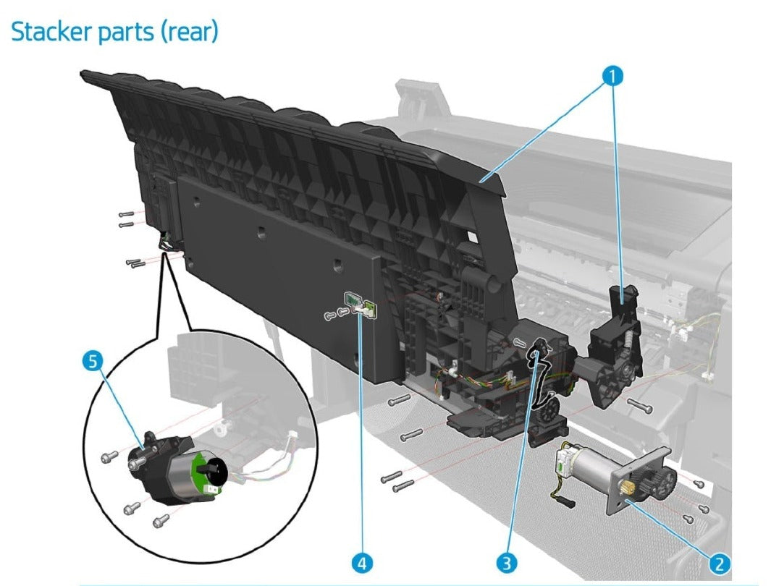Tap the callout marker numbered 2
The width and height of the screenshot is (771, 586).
click(x=720, y=562)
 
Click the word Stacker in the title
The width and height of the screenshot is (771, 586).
click(x=51, y=32)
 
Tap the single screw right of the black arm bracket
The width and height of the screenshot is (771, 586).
click(x=640, y=406)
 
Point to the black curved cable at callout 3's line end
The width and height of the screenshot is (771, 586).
click(x=539, y=376)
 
